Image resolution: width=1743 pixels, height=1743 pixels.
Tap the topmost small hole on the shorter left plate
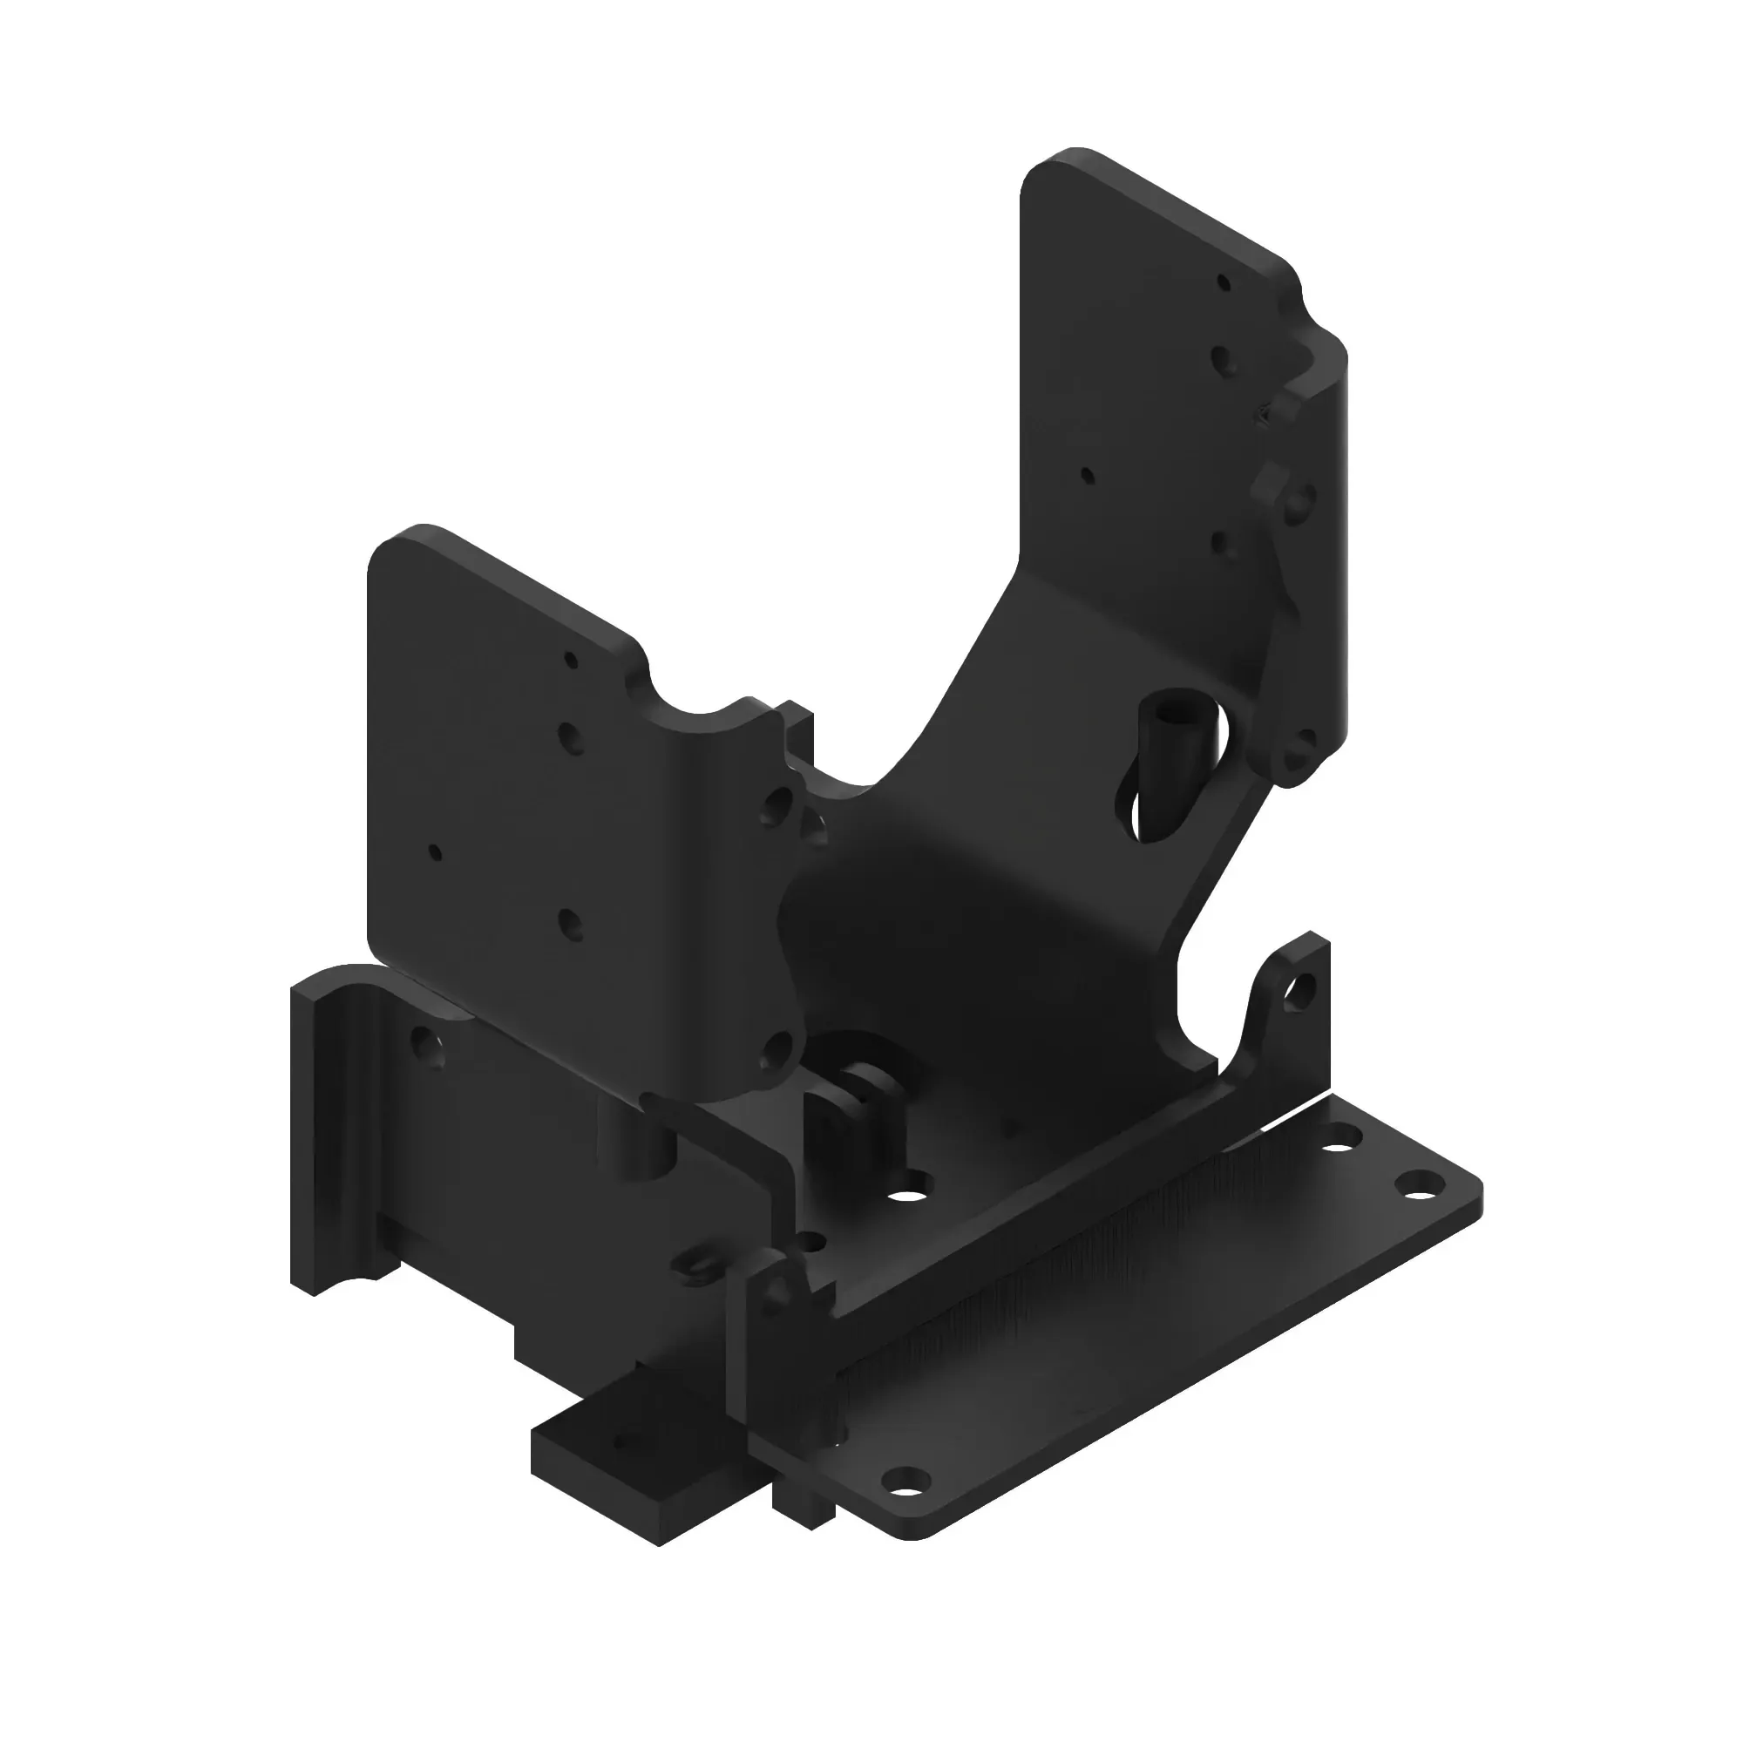570,661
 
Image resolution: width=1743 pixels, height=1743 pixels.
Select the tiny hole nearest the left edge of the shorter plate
436,851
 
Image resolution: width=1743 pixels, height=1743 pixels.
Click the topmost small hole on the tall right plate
1224,282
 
